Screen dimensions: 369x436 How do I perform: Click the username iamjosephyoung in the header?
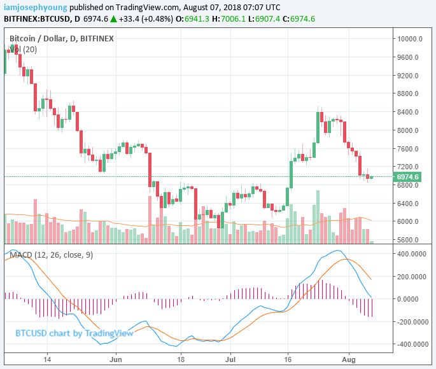click(x=35, y=7)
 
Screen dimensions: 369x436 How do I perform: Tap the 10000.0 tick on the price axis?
click(x=410, y=39)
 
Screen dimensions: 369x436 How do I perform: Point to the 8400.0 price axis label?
click(x=409, y=112)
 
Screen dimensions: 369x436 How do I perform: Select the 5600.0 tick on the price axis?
click(x=409, y=240)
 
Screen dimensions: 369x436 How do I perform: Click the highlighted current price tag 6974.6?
click(x=407, y=177)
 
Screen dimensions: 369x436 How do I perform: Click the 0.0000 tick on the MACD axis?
click(x=414, y=299)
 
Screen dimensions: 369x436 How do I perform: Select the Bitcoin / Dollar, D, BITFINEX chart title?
click(x=62, y=39)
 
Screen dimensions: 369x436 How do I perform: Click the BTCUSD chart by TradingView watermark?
click(x=74, y=333)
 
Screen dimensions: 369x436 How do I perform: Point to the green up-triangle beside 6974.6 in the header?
click(x=113, y=19)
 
